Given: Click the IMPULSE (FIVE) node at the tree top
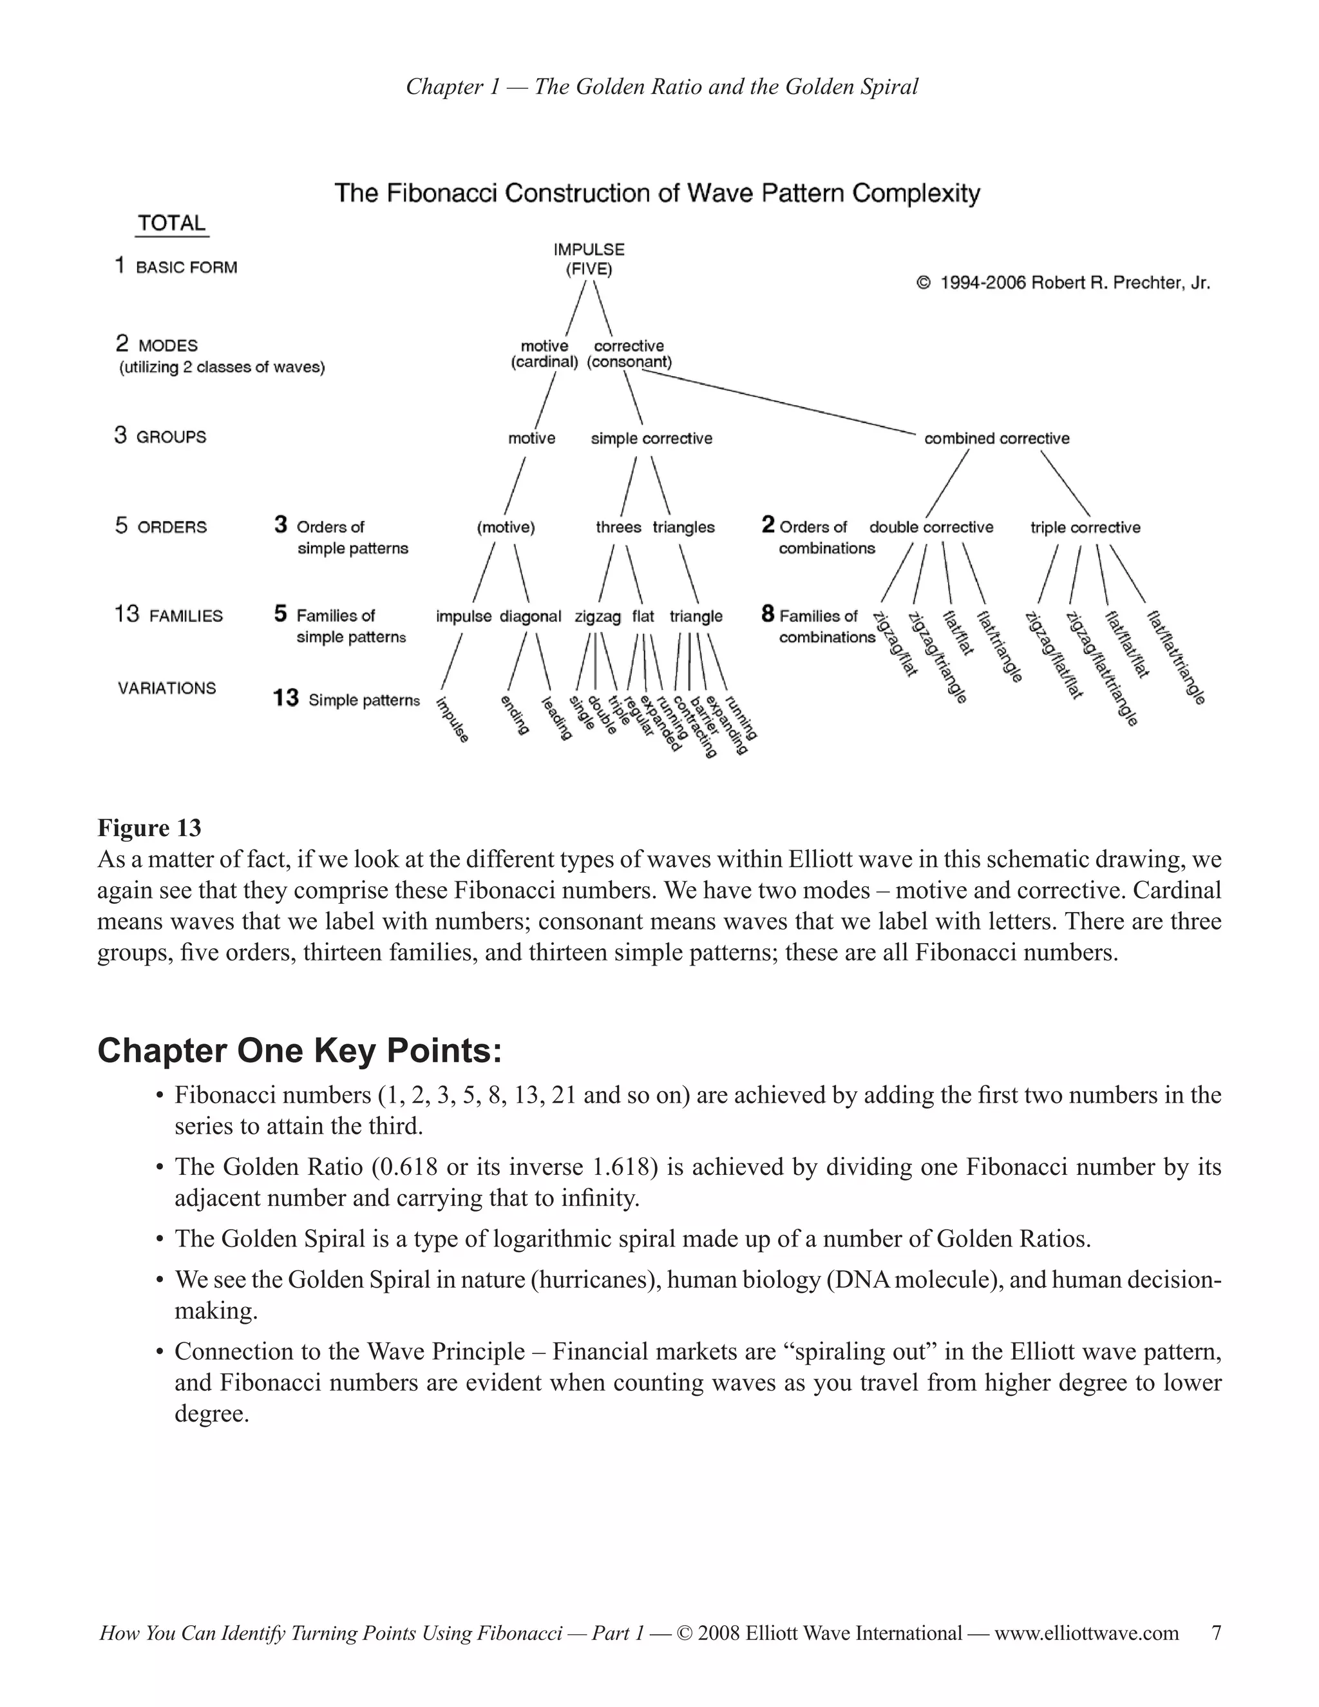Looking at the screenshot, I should coord(589,260).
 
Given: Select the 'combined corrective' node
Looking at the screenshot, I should coord(996,439).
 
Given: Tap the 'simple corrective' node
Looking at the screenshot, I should coord(651,439).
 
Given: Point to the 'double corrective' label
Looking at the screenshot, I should coord(931,528).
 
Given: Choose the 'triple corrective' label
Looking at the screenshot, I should coord(1085,528).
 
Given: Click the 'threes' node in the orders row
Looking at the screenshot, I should coord(618,528).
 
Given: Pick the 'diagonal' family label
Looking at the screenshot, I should coord(530,616).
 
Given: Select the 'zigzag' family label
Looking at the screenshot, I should coord(597,616).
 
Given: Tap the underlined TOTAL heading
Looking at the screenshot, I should coord(172,224).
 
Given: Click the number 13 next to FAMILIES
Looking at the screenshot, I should coord(127,615).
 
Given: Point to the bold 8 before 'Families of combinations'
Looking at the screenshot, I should coord(767,615).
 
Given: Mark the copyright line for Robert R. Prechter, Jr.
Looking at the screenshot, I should coord(1063,283).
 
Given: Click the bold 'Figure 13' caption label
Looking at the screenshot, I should coord(149,828).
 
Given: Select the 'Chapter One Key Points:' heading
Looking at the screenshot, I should coord(299,1051).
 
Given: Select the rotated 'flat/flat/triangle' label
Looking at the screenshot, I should coord(1176,658).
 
